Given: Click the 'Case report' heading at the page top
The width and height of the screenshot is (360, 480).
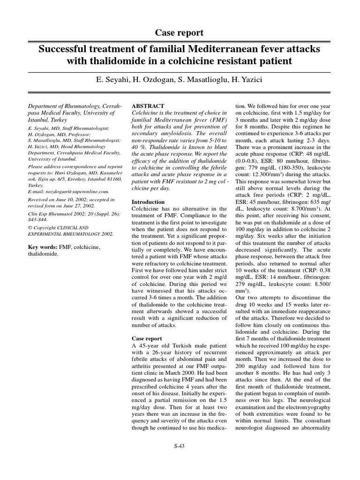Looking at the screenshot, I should (x=180, y=32).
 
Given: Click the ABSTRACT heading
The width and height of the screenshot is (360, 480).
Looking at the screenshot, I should (x=148, y=106).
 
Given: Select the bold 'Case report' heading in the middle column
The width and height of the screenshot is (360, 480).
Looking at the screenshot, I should (x=147, y=338).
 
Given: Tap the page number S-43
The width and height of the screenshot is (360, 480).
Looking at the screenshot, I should (x=180, y=446).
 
